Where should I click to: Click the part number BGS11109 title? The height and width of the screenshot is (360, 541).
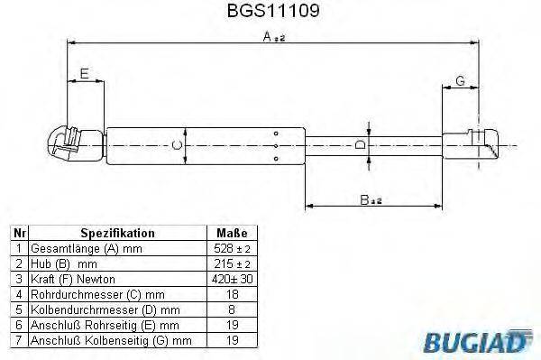(270, 11)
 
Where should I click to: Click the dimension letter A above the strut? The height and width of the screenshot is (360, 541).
(268, 36)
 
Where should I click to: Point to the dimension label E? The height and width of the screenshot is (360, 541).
(85, 73)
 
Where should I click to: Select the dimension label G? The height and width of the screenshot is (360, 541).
(460, 81)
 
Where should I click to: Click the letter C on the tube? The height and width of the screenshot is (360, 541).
(178, 144)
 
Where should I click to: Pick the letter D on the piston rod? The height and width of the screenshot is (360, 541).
(359, 144)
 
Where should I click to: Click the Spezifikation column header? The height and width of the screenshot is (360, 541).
(118, 232)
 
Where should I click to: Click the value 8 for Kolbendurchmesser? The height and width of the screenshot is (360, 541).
(232, 309)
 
